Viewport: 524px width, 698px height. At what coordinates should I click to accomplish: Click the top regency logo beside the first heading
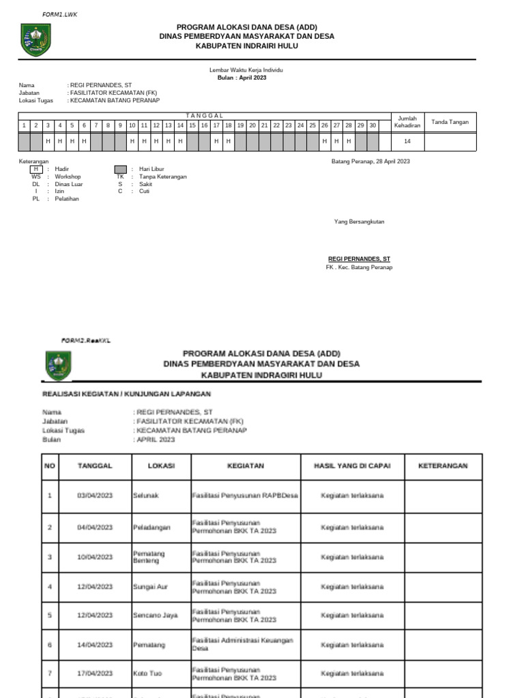point(35,40)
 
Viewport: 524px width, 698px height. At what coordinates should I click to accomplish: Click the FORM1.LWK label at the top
point(60,14)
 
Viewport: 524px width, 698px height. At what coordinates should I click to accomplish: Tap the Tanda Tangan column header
point(450,122)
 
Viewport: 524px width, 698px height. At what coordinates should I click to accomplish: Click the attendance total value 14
point(407,141)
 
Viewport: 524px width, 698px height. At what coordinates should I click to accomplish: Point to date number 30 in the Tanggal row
point(373,125)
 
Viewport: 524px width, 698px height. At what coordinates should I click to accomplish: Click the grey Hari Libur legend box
point(121,169)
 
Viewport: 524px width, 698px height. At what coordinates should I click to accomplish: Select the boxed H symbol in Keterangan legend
point(36,169)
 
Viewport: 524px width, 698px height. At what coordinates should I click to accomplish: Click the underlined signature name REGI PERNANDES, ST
point(360,259)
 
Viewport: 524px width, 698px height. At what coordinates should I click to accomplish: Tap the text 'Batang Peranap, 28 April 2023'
point(370,162)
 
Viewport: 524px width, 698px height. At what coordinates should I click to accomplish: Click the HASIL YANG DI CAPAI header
point(352,466)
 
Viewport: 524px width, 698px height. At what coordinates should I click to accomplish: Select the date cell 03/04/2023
point(95,496)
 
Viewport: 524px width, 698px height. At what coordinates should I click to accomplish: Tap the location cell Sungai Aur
point(150,586)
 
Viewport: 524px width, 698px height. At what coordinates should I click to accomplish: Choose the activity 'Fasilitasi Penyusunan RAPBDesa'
point(245,496)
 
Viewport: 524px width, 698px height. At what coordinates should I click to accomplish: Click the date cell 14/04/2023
point(95,644)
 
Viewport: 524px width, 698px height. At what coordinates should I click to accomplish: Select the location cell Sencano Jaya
point(155,616)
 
